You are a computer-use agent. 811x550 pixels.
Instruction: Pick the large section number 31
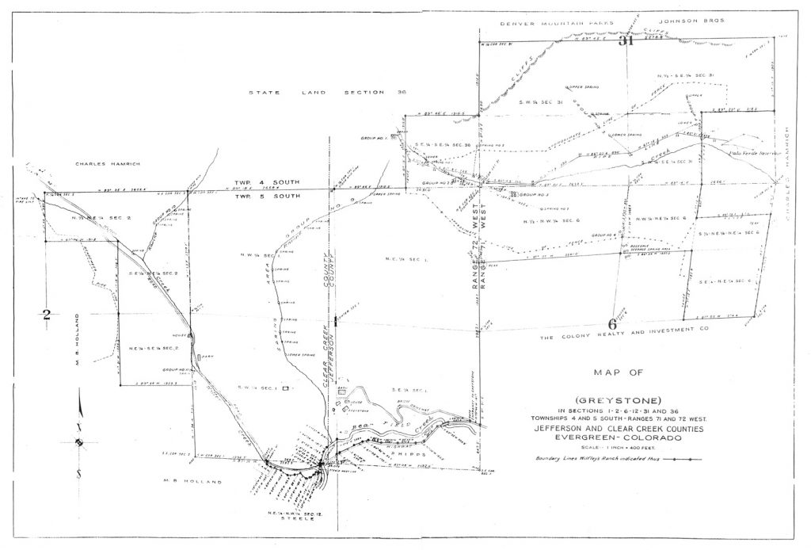pyautogui.click(x=627, y=42)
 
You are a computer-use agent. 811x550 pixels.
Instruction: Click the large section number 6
pyautogui.click(x=612, y=323)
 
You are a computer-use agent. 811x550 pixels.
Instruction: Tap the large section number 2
pyautogui.click(x=47, y=314)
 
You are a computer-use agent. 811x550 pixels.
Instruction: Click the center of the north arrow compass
pyautogui.click(x=79, y=442)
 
